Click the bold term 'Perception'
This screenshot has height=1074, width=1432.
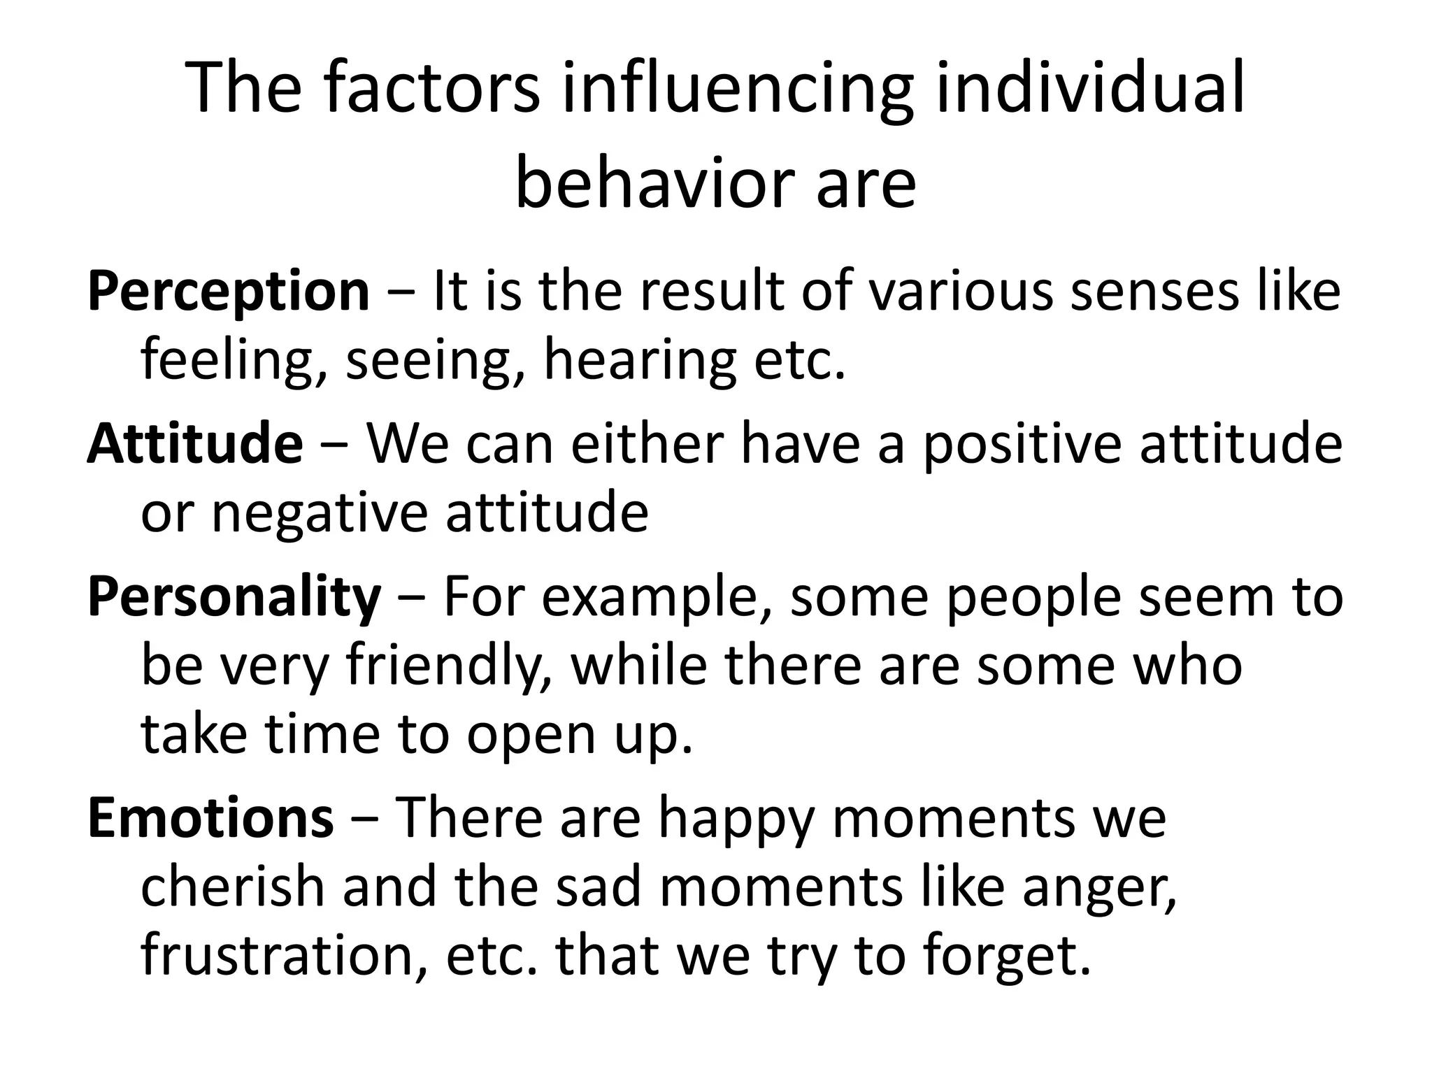tap(228, 292)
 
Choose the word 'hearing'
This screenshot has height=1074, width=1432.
tap(639, 360)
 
